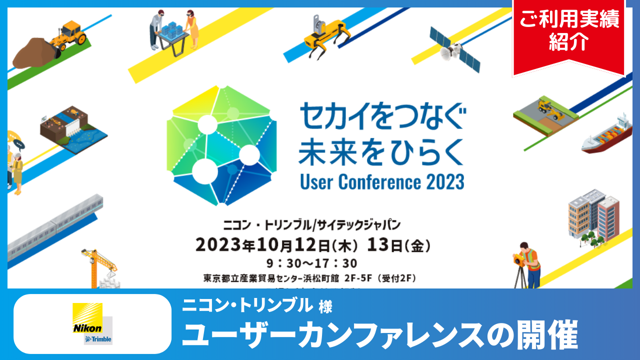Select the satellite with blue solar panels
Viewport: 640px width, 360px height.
tap(454, 49)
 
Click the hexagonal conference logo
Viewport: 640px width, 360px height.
tap(221, 145)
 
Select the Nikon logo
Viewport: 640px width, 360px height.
tap(87, 320)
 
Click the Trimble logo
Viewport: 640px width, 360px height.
tap(98, 339)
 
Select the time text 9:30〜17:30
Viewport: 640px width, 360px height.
tap(311, 262)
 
